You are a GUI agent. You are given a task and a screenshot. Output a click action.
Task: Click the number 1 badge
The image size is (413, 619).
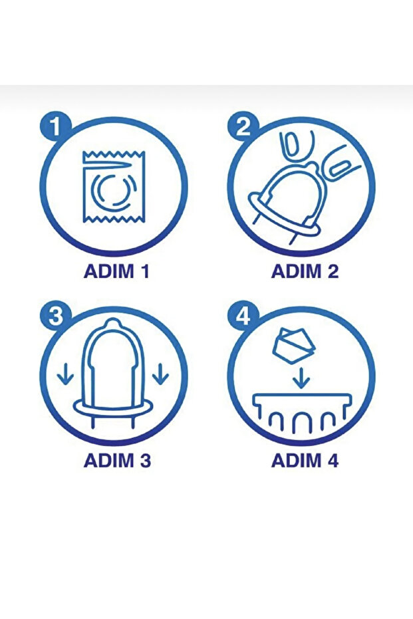pos(55,127)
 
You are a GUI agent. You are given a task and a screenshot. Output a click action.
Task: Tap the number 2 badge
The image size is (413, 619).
pos(243,127)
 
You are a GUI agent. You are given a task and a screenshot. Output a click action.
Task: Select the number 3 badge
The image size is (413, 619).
pos(55,316)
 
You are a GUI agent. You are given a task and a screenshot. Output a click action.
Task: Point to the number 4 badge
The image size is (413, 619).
pos(243,316)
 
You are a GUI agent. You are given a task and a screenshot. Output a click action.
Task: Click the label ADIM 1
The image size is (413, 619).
pos(116,271)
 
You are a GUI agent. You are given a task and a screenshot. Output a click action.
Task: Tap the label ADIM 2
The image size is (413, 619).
pos(305,271)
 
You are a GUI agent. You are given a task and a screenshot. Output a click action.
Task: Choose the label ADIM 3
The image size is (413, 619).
pos(117,460)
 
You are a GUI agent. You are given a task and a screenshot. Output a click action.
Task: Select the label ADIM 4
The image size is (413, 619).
pos(305,460)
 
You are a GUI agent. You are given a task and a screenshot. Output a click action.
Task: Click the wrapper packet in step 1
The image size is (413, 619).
pos(114,187)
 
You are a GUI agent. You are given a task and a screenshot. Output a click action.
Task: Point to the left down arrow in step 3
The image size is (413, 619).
pos(66,374)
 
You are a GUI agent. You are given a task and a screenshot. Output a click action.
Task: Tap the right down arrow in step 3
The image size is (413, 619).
pos(160,374)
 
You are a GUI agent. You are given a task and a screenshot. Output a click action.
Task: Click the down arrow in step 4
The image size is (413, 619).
pos(301,378)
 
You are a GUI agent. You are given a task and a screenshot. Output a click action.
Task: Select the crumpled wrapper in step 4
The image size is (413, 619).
pos(293,344)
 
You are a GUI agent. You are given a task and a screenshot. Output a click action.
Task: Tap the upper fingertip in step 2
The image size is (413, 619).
pos(297,144)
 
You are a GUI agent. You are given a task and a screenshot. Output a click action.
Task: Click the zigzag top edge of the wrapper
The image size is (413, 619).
pos(114,154)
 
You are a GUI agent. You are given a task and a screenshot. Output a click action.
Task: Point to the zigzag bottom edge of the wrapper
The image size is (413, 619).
pos(114,220)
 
